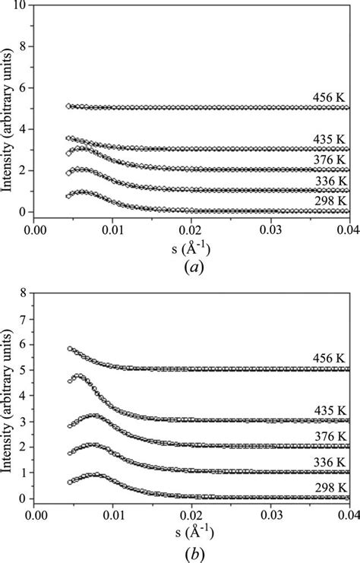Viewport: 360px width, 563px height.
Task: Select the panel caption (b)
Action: tap(188, 547)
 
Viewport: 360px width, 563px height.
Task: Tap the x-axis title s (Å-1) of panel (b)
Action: tap(188, 530)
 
